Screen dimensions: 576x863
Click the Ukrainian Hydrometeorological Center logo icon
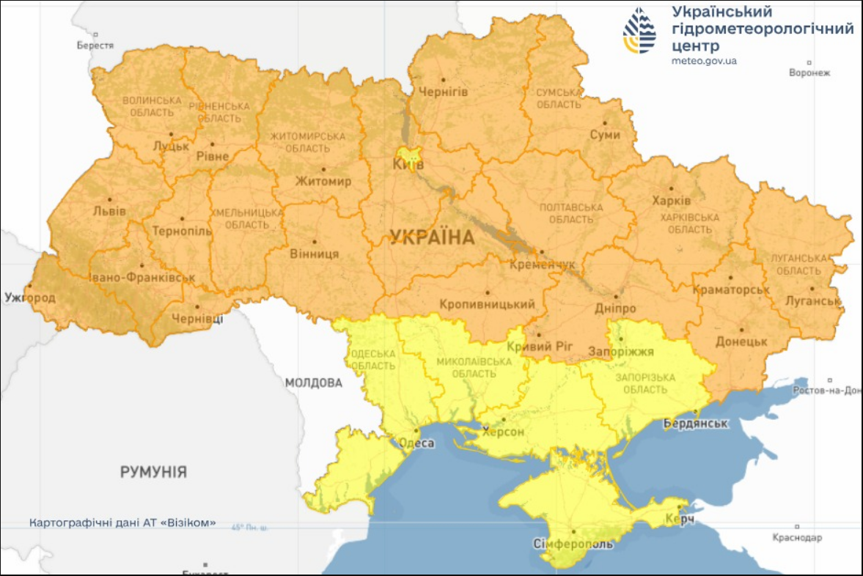click(639, 31)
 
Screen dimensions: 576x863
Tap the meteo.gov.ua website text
click(704, 61)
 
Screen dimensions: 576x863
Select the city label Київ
click(408, 164)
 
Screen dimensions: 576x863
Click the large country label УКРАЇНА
click(432, 237)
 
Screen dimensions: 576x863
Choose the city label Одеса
click(416, 443)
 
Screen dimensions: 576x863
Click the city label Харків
click(671, 200)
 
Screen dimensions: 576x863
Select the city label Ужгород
click(29, 298)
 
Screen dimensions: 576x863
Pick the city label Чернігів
click(442, 92)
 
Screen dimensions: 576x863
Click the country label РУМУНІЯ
click(153, 472)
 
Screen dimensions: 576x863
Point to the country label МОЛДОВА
click(313, 383)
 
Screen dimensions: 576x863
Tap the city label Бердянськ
click(695, 424)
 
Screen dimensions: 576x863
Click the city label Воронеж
click(809, 73)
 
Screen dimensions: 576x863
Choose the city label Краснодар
click(797, 538)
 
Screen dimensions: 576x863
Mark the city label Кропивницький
click(487, 303)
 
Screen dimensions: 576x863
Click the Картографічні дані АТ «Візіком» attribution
click(122, 523)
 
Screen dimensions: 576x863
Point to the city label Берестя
click(95, 45)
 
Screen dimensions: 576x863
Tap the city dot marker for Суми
click(605, 123)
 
